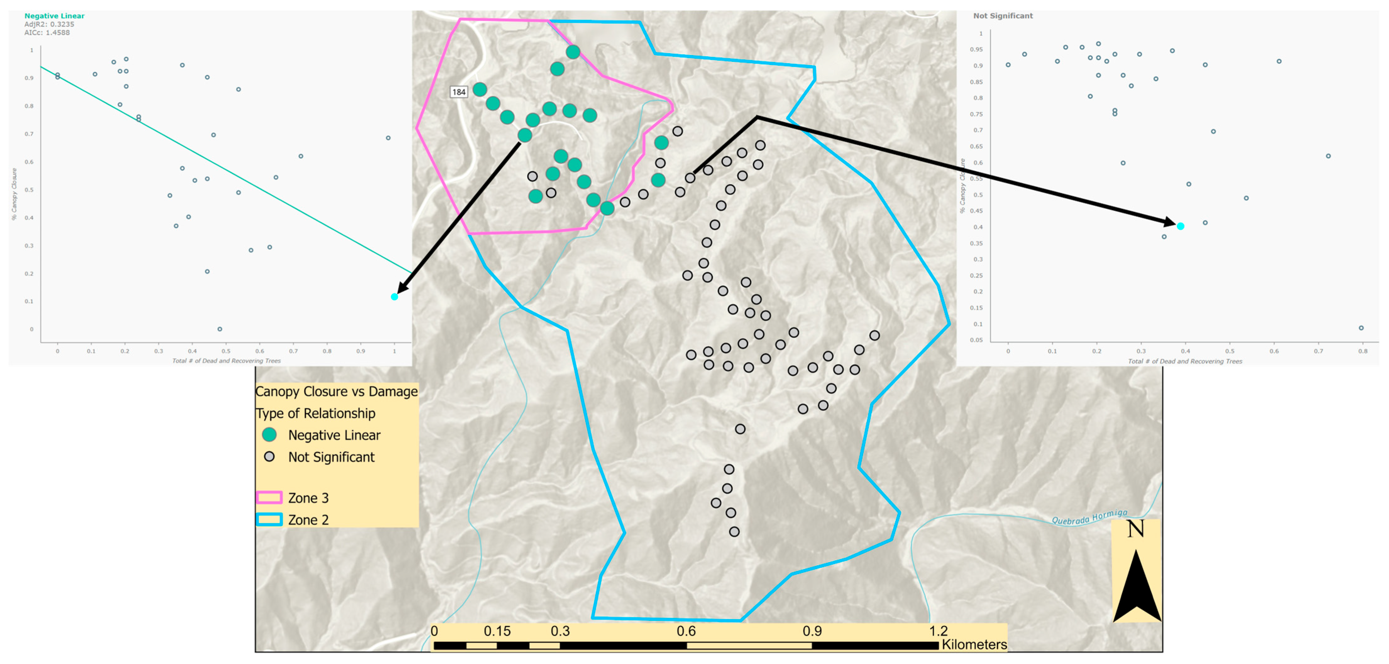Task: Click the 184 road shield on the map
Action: coord(458,92)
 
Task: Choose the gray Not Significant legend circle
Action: coord(269,457)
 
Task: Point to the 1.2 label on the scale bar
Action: coord(938,631)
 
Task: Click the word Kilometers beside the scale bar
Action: coord(974,645)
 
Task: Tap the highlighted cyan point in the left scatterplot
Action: coord(394,297)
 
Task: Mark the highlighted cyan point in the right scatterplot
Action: coord(1180,226)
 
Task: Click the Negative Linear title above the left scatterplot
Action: coord(54,16)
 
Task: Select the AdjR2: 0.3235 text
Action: coord(49,24)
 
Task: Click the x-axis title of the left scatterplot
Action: coord(226,360)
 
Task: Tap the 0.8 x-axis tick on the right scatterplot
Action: coord(1363,351)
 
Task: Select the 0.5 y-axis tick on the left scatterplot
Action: coord(31,190)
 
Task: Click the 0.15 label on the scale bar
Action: coord(497,631)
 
